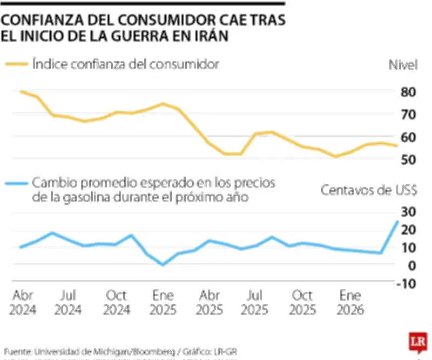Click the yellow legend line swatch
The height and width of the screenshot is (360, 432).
pos(16,64)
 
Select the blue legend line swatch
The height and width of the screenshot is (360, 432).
pos(16,183)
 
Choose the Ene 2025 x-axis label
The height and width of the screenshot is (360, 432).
pos(163,303)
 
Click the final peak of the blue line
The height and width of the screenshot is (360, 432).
pos(397,221)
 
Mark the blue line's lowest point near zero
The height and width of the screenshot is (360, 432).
pos(163,264)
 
